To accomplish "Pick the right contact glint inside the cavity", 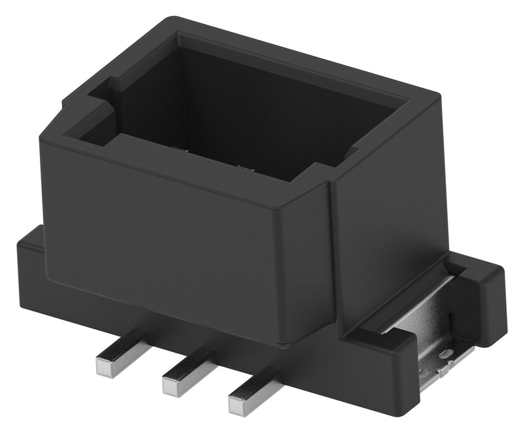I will (x=245, y=167).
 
